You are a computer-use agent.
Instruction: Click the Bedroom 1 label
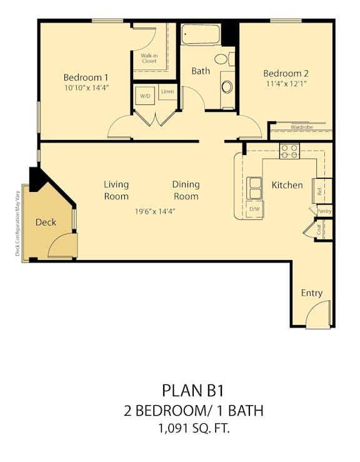click(x=86, y=78)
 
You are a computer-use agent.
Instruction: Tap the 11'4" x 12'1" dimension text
click(x=286, y=84)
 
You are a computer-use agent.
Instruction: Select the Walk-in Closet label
click(x=149, y=58)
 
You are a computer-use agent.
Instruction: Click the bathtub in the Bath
click(x=201, y=34)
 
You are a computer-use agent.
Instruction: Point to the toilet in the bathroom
click(x=224, y=59)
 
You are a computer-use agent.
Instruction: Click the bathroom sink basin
click(x=227, y=87)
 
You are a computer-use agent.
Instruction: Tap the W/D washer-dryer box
click(x=145, y=96)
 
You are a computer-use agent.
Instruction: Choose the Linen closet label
click(x=167, y=92)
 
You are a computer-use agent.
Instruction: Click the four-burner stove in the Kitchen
click(x=289, y=151)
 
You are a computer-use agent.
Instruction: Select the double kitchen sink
click(x=254, y=188)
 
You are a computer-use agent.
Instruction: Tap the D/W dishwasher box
click(x=254, y=209)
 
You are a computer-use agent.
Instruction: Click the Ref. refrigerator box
click(x=319, y=191)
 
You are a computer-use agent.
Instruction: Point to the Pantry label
click(x=324, y=211)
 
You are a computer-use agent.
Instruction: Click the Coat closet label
click(x=319, y=229)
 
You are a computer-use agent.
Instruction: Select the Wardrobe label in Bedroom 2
click(x=302, y=128)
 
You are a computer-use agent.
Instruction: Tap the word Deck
click(x=46, y=222)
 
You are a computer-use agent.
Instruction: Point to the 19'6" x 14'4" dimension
click(x=155, y=211)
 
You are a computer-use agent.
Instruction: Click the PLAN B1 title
click(x=193, y=390)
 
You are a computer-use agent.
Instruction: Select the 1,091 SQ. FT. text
click(x=194, y=428)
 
